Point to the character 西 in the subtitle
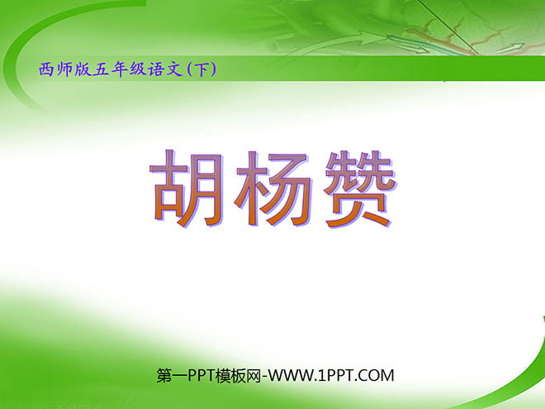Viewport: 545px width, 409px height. click(45, 70)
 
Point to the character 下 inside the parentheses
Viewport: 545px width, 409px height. click(203, 70)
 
